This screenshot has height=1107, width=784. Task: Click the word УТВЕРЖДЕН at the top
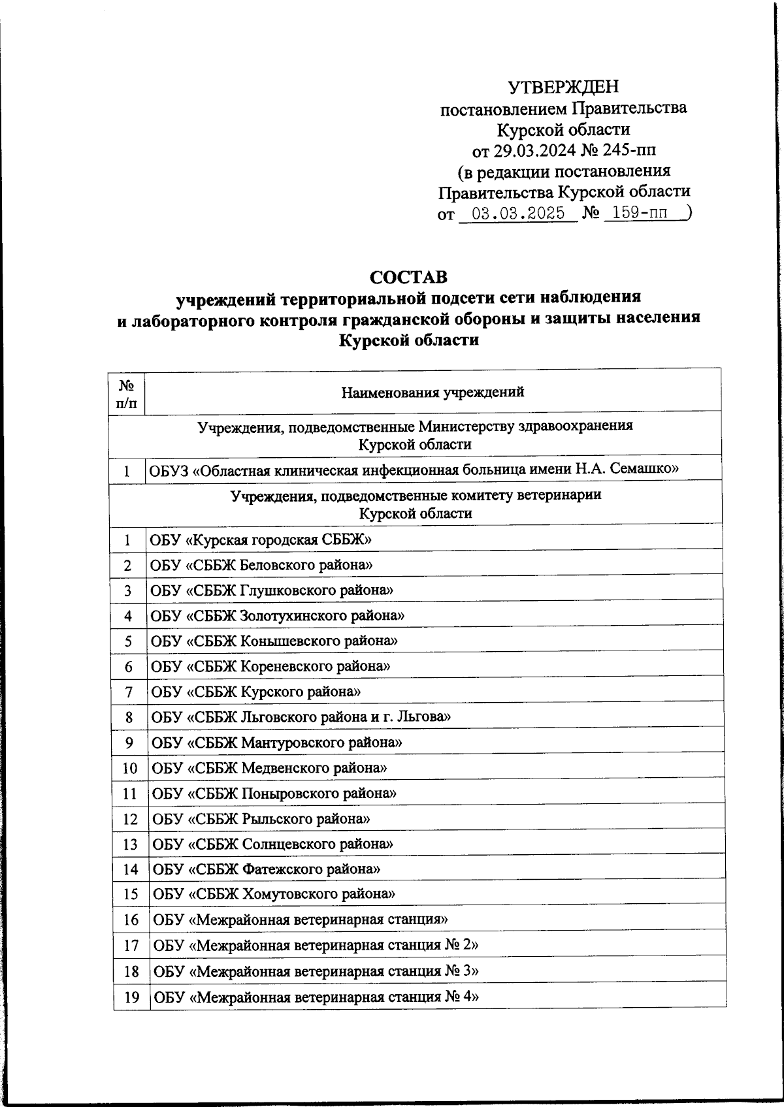[x=563, y=86]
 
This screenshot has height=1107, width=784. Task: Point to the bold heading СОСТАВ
[x=409, y=277]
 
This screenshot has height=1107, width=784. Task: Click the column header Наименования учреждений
[x=433, y=393]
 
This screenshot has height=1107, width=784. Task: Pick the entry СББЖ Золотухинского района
[x=277, y=615]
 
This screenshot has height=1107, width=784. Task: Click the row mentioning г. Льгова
[x=301, y=717]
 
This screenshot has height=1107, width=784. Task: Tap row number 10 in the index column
[x=129, y=768]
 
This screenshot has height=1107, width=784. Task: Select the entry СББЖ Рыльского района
[x=261, y=818]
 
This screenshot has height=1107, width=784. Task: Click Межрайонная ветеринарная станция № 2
[x=316, y=945]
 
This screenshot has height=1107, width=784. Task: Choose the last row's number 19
[x=131, y=997]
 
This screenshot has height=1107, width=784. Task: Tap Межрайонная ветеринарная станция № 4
[x=316, y=997]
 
